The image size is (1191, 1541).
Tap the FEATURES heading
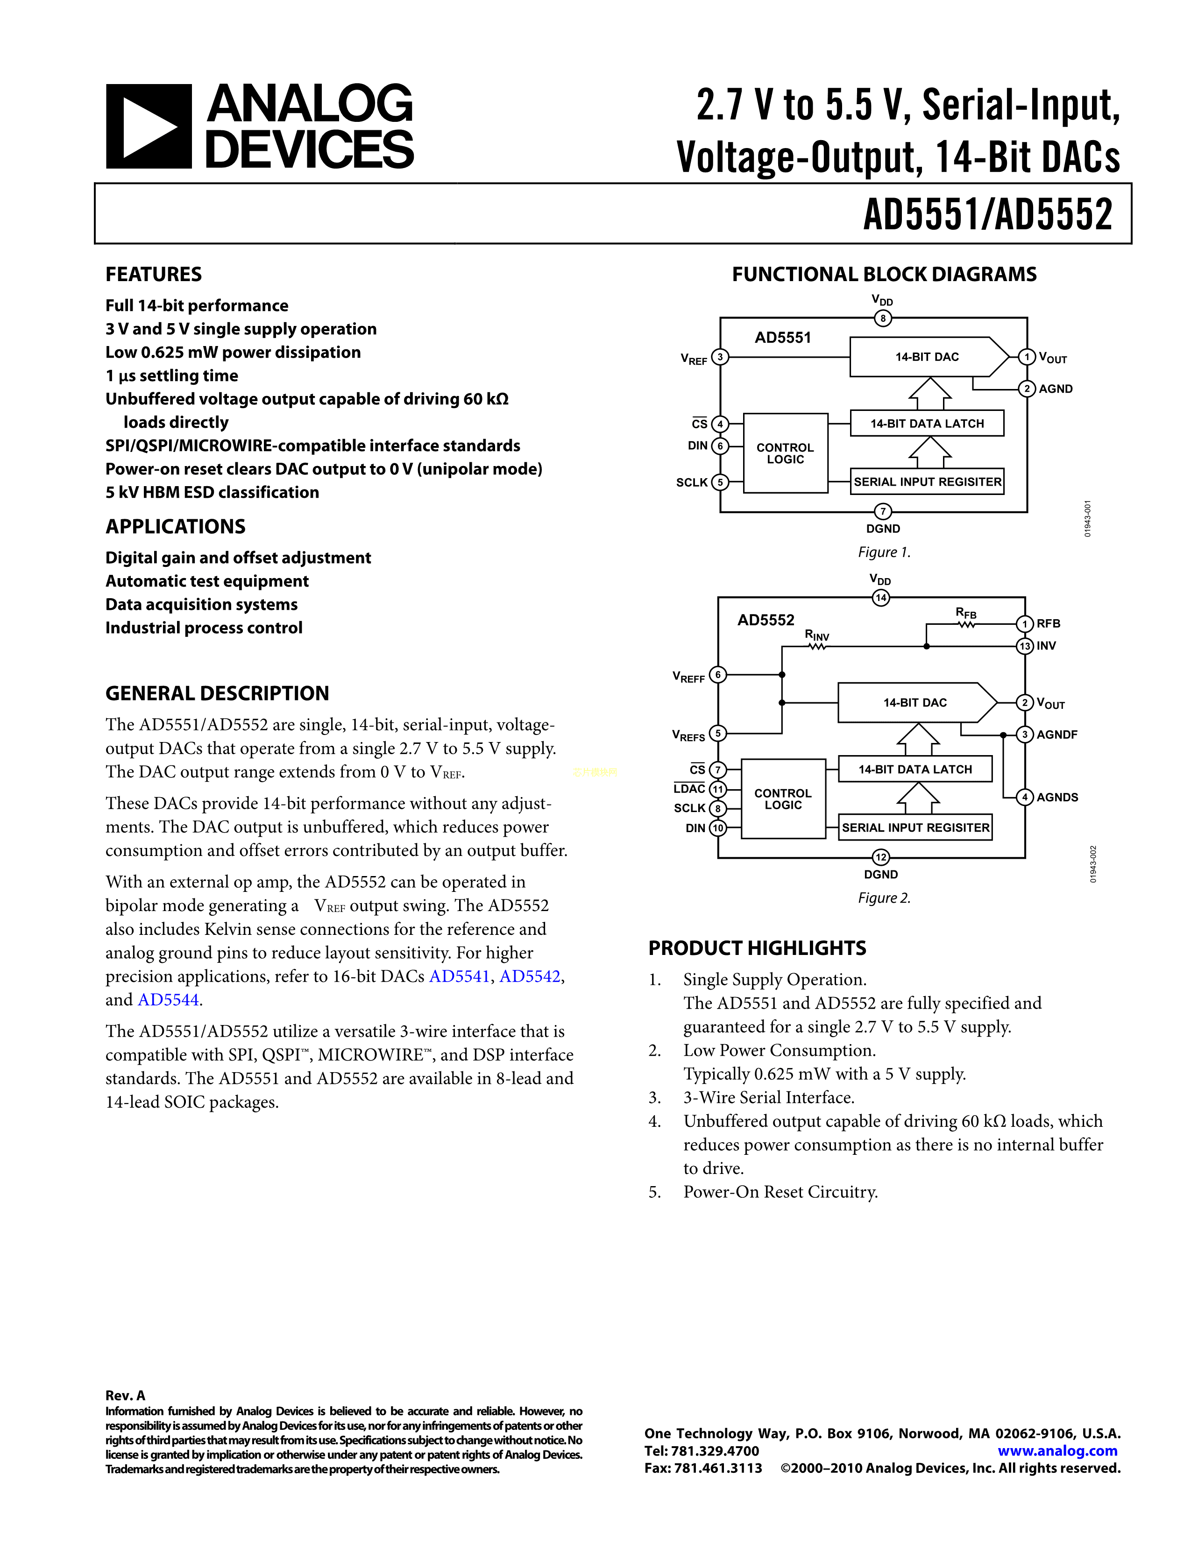coord(154,275)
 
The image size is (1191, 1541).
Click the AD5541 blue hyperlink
coord(459,976)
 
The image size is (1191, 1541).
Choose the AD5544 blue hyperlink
coord(168,1000)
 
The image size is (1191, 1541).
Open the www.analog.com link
coord(1057,1451)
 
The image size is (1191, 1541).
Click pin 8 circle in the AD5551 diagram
coord(883,318)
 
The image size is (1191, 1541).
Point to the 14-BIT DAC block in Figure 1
coord(927,357)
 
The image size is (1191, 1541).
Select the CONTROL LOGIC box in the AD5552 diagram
coord(783,799)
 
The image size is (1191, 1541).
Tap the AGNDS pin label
coord(1057,797)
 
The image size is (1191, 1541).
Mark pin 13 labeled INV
coord(1024,646)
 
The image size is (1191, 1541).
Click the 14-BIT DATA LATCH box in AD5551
coord(927,424)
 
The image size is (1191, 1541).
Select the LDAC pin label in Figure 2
coord(689,789)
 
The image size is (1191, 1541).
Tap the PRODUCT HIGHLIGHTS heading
coord(757,948)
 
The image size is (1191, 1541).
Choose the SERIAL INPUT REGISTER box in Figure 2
coord(915,827)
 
